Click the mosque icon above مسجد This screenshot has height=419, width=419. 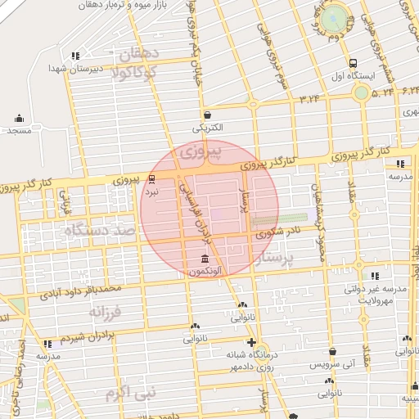click(x=19, y=118)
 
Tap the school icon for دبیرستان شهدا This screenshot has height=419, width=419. click(x=76, y=56)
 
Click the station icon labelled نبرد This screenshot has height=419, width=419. click(x=151, y=178)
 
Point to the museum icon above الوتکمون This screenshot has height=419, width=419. click(x=204, y=259)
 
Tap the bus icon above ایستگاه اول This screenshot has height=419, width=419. click(x=353, y=62)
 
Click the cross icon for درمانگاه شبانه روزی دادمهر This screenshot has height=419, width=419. click(x=251, y=342)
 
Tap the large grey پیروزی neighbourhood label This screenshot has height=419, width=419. click(x=200, y=152)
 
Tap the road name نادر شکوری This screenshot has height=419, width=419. click(x=278, y=232)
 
